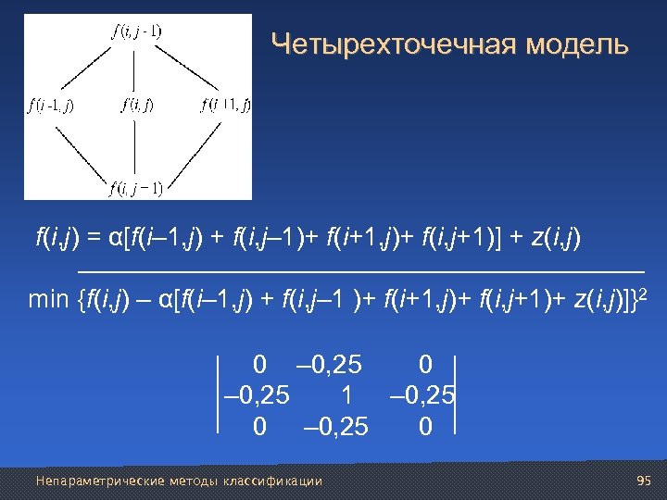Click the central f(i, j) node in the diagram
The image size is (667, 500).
[138, 105]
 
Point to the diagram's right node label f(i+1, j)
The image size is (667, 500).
[226, 105]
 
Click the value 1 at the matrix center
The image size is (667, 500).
[346, 394]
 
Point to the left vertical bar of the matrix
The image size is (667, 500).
[219, 394]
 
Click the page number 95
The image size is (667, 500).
[646, 481]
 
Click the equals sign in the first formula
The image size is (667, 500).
[94, 241]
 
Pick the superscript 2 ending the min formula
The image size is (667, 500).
[644, 293]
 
